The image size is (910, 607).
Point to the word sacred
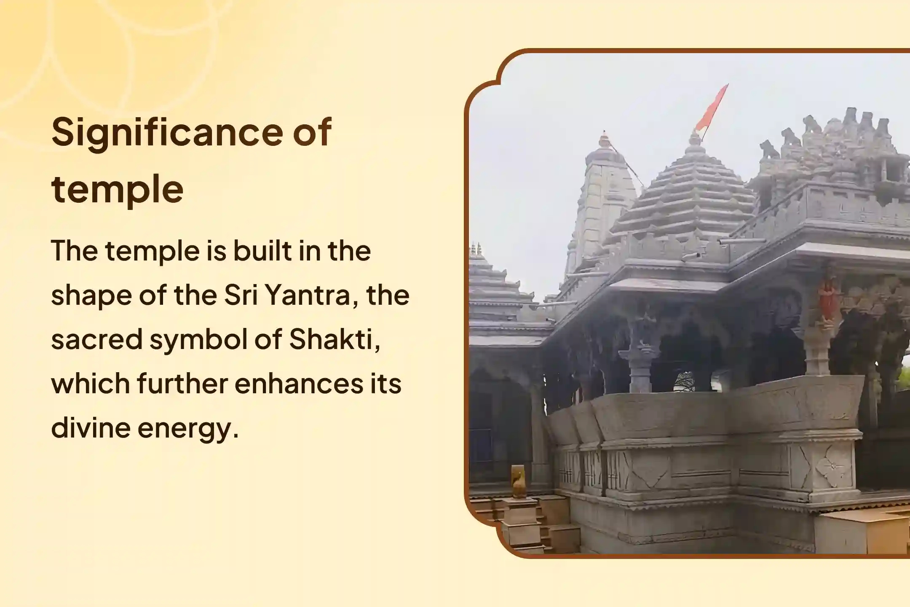click(96, 339)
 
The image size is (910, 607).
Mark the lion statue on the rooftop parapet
click(770, 150)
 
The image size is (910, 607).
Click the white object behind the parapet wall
click(685, 381)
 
